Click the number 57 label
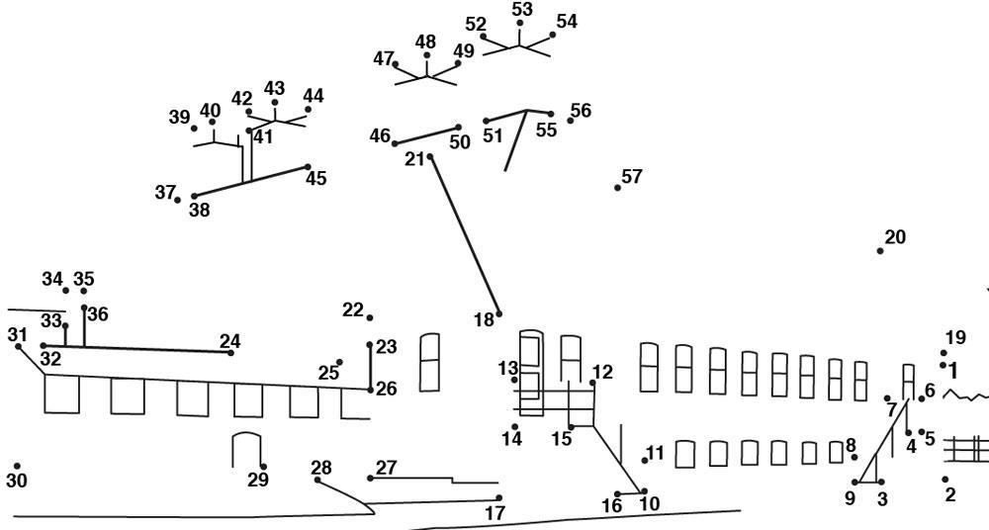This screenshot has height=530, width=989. [632, 176]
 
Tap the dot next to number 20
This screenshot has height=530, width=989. [880, 251]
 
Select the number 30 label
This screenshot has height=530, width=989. [17, 481]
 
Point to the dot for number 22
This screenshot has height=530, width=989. [370, 317]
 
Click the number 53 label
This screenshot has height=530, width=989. [522, 9]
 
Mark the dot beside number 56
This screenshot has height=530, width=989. [571, 121]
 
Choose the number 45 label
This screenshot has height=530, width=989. [315, 179]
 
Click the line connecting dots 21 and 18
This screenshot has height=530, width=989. [464, 235]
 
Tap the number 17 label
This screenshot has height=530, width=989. [494, 513]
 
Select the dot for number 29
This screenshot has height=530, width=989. [263, 467]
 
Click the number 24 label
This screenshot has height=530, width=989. [229, 341]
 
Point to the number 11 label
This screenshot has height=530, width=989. [655, 453]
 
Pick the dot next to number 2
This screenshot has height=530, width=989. [945, 480]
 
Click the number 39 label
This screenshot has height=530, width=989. [179, 117]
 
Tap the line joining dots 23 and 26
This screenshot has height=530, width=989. [370, 367]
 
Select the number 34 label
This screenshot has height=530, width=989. [52, 279]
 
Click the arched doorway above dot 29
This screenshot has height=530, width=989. [246, 447]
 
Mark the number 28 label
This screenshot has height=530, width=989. [321, 467]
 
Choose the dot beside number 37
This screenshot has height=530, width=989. [178, 200]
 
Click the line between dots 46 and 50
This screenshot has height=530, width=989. [427, 135]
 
